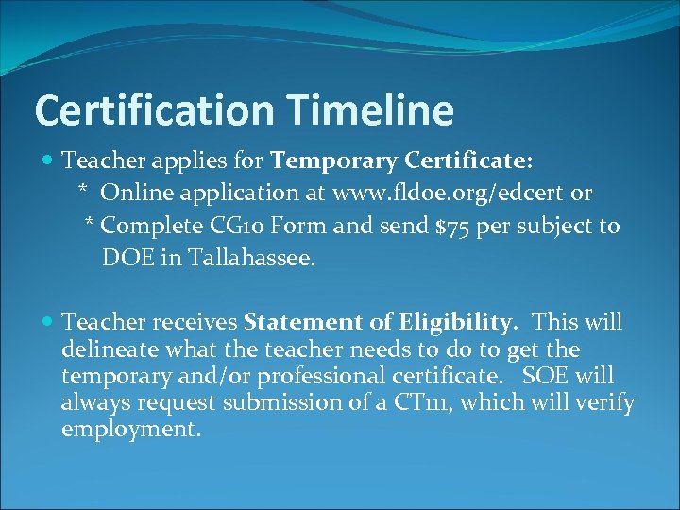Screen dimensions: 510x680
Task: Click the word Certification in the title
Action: click(x=153, y=111)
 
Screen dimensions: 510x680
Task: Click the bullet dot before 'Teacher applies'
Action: click(x=49, y=161)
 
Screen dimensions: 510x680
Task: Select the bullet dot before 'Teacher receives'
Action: click(x=49, y=323)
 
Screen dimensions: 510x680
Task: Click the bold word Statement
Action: click(x=299, y=323)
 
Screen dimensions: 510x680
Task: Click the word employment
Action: click(x=130, y=430)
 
